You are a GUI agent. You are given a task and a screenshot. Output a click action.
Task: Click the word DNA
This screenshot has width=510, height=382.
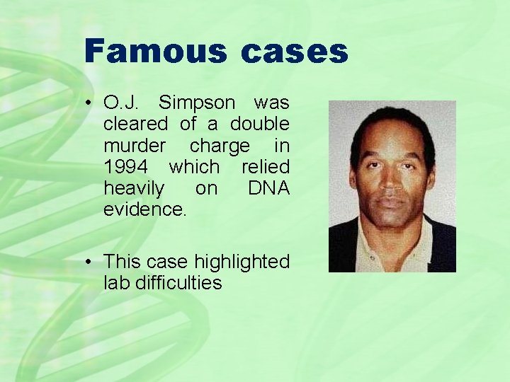(268, 188)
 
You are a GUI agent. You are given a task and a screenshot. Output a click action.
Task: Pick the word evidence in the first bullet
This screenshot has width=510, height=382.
(144, 210)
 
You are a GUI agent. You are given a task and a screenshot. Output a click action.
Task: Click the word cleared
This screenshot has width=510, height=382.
(135, 124)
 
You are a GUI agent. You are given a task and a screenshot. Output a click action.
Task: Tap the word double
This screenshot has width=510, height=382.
(259, 124)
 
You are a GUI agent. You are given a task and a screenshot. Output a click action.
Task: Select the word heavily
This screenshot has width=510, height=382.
(134, 188)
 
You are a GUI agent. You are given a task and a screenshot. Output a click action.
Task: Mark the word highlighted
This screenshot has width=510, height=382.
(242, 262)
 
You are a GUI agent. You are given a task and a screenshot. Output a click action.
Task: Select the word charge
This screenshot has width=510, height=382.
(220, 146)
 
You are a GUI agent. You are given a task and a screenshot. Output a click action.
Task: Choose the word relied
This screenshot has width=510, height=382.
(266, 167)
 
